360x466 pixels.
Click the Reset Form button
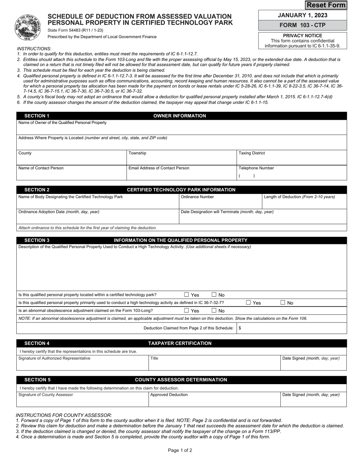[326, 5]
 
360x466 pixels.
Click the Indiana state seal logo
[28, 27]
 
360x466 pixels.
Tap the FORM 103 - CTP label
[302, 25]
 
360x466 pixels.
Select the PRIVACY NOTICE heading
[302, 36]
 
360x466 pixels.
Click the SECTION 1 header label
[37, 116]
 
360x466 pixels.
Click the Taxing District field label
[252, 153]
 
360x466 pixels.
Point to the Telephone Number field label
[256, 168]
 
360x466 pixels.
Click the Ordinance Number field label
[197, 197]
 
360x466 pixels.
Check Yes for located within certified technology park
[186, 295]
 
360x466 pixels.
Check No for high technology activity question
[283, 303]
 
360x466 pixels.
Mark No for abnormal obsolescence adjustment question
[214, 311]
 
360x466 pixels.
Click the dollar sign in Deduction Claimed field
[240, 328]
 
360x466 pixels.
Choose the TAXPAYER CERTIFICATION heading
[180, 343]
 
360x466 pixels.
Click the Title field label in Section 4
[154, 358]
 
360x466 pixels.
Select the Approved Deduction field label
[169, 394]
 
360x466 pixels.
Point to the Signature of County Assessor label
[46, 394]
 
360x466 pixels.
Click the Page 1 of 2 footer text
[180, 450]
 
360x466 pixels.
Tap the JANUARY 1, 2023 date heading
[302, 15]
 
